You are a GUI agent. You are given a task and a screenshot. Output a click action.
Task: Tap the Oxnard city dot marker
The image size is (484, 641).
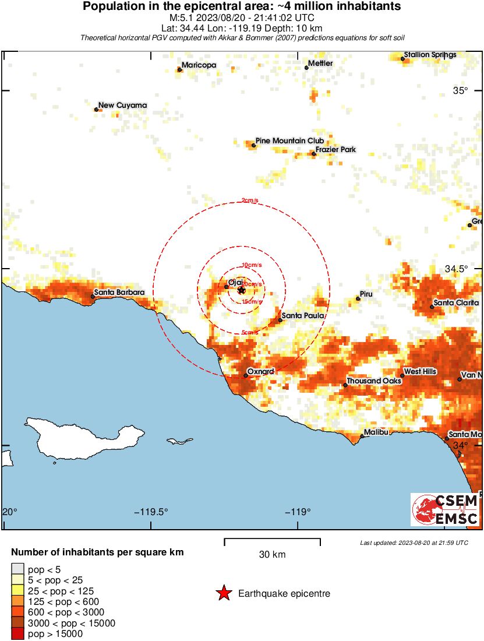pyautogui.click(x=246, y=375)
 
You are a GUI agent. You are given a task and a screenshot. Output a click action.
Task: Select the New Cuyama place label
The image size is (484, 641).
pyautogui.click(x=123, y=105)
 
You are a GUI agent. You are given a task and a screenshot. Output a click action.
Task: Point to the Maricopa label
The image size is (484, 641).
pyautogui.click(x=199, y=65)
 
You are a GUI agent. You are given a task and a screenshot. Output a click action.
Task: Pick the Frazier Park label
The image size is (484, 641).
pyautogui.click(x=336, y=150)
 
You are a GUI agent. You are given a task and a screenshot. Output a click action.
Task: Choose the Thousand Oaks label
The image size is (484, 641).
pyautogui.click(x=374, y=381)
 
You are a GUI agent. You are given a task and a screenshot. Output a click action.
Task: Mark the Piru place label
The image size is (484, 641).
pyautogui.click(x=366, y=294)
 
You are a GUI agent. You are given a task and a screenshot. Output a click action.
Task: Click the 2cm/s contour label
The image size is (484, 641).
pyautogui.click(x=249, y=201)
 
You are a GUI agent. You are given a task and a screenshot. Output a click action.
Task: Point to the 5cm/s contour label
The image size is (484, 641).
pyautogui.click(x=250, y=333)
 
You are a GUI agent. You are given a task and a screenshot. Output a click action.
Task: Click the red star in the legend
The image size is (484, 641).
pyautogui.click(x=223, y=594)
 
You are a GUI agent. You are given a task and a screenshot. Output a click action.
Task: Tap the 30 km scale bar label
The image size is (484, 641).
pyautogui.click(x=272, y=555)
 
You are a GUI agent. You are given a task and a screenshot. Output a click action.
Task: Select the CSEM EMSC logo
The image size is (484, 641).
pyautogui.click(x=446, y=510)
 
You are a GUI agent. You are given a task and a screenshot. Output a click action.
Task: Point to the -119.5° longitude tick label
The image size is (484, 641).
pyautogui.click(x=151, y=512)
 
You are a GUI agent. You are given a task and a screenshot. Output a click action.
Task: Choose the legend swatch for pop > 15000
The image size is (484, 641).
pyautogui.click(x=18, y=634)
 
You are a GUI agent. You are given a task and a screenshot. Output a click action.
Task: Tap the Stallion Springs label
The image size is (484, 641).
pyautogui.click(x=430, y=55)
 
